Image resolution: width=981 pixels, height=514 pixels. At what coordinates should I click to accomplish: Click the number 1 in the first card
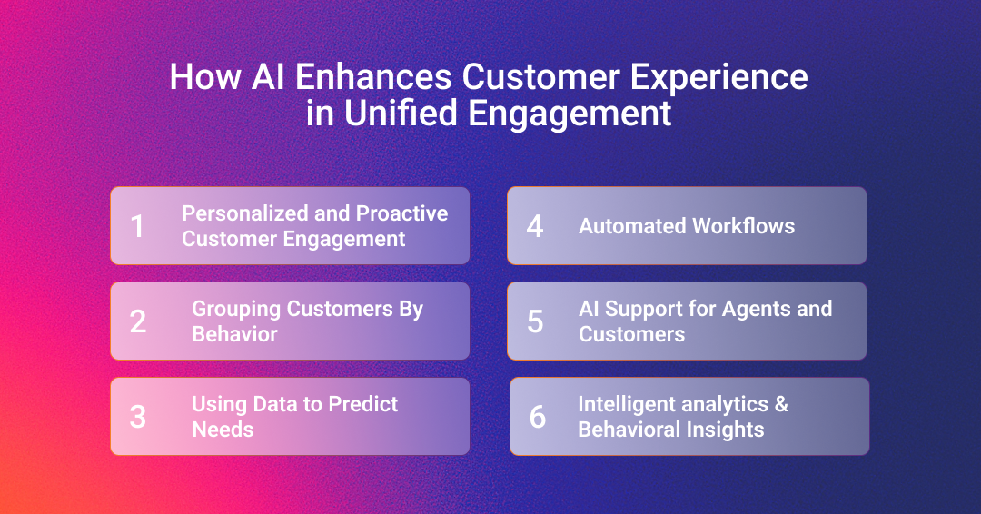click(x=137, y=226)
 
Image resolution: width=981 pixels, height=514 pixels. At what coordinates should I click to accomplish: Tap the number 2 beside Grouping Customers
click(x=138, y=321)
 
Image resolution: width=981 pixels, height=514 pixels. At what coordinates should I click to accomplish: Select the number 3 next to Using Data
click(x=138, y=417)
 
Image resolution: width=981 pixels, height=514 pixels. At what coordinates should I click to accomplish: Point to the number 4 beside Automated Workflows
click(x=535, y=226)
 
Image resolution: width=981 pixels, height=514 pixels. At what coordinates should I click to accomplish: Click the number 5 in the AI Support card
click(x=535, y=321)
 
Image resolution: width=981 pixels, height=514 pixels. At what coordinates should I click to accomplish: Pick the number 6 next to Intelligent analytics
click(x=538, y=417)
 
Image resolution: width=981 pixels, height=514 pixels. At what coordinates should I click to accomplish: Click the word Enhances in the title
click(x=373, y=77)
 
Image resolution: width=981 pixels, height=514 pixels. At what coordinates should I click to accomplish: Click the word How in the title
click(x=205, y=77)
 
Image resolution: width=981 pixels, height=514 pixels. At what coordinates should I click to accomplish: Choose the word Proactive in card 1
click(x=401, y=213)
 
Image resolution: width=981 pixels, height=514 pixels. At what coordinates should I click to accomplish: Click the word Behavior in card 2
click(x=234, y=334)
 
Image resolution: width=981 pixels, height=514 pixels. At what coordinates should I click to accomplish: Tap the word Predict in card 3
click(x=362, y=404)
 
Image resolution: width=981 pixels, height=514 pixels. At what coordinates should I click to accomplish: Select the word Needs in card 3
click(x=223, y=430)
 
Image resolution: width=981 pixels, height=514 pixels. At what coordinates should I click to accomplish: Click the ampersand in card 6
click(x=781, y=404)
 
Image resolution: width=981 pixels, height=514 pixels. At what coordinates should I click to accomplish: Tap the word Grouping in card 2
click(x=236, y=310)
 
